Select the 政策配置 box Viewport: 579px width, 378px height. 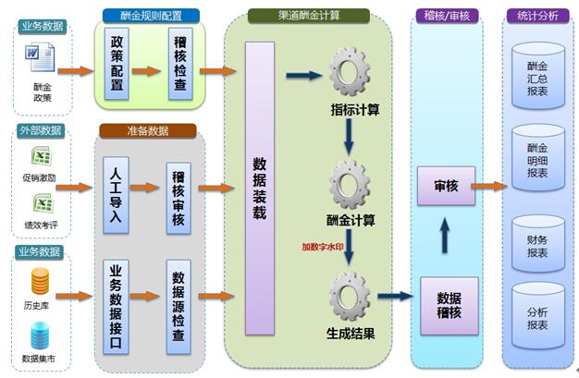[117, 64]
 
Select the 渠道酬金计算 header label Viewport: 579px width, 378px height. [309, 16]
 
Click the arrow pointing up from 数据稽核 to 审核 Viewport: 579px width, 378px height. [444, 237]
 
